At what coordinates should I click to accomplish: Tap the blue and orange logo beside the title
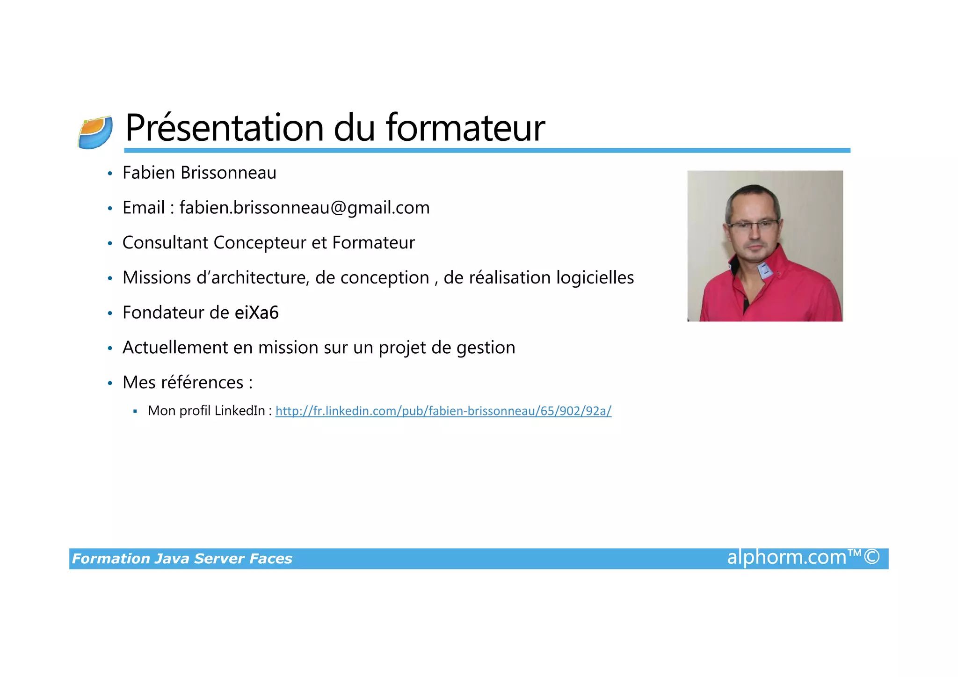(x=95, y=132)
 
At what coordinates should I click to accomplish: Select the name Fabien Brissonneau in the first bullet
(x=199, y=173)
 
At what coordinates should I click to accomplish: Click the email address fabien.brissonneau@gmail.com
(x=305, y=208)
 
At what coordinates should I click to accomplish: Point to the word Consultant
(x=165, y=243)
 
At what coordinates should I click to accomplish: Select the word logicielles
(x=595, y=278)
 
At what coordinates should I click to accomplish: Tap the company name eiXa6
(x=256, y=313)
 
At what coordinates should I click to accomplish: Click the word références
(x=202, y=383)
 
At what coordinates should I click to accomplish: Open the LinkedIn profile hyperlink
(x=443, y=411)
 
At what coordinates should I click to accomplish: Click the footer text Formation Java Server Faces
(x=182, y=559)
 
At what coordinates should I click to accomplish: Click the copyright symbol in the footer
(x=871, y=557)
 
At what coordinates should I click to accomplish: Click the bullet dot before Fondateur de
(x=110, y=313)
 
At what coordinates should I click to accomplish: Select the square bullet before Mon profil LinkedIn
(x=135, y=411)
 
